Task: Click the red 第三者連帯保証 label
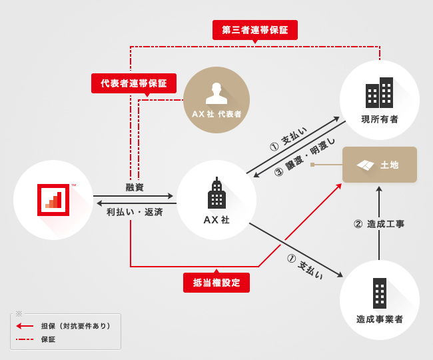tap(254, 30)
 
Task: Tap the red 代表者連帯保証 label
tap(134, 83)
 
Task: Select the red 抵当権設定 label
tap(217, 283)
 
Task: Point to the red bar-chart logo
tap(53, 199)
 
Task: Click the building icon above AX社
tap(217, 194)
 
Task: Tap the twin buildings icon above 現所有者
tap(379, 93)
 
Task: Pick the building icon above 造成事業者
tap(380, 293)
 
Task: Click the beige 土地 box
tap(379, 165)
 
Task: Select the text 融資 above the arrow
tap(135, 187)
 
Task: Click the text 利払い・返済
tap(135, 212)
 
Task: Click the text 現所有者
tap(380, 119)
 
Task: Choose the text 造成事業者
tap(380, 319)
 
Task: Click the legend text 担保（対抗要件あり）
tap(76, 326)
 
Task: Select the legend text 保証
tap(48, 339)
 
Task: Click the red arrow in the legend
tap(25, 326)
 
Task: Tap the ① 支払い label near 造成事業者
tap(305, 266)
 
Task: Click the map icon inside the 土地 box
tap(365, 165)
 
